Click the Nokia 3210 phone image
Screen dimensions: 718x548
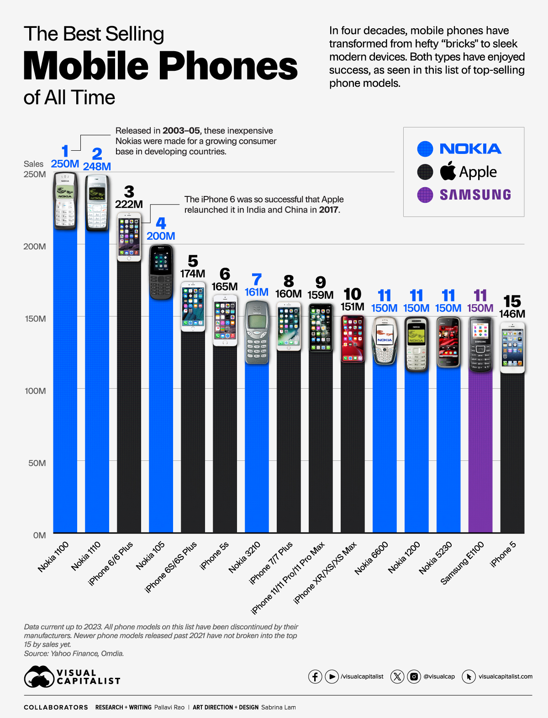pyautogui.click(x=257, y=332)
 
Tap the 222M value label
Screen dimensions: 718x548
pyautogui.click(x=129, y=204)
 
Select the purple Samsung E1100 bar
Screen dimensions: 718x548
pyautogui.click(x=480, y=452)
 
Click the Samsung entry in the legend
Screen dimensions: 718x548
pyautogui.click(x=475, y=195)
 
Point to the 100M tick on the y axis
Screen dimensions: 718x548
pyautogui.click(x=35, y=391)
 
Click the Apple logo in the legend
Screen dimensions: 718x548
pyautogui.click(x=448, y=171)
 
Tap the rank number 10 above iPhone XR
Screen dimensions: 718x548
pyautogui.click(x=353, y=294)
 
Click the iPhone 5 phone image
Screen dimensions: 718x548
pyautogui.click(x=512, y=347)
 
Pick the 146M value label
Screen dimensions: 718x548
pyautogui.click(x=512, y=314)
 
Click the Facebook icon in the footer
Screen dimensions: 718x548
pyautogui.click(x=315, y=676)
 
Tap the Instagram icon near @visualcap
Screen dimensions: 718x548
pyautogui.click(x=414, y=676)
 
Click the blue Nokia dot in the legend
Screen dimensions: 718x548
pyautogui.click(x=425, y=149)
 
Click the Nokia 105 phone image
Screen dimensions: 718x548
pyautogui.click(x=161, y=272)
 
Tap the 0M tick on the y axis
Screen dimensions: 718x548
pyautogui.click(x=39, y=535)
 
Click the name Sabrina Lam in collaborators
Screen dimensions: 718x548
pyautogui.click(x=279, y=707)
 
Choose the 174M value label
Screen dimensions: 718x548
pyautogui.click(x=193, y=274)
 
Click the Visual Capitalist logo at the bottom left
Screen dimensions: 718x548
pyautogui.click(x=72, y=677)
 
